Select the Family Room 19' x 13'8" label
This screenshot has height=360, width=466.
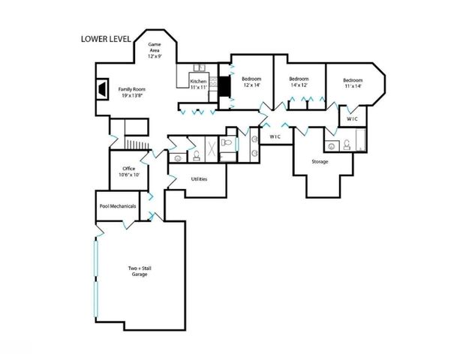click(x=131, y=92)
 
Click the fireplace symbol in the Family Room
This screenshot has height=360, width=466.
click(x=100, y=89)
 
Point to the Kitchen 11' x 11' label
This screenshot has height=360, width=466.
click(x=198, y=84)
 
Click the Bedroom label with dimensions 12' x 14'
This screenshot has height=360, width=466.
click(x=250, y=82)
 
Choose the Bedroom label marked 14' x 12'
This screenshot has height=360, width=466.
click(x=299, y=82)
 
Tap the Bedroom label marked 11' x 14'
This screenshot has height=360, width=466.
click(x=353, y=82)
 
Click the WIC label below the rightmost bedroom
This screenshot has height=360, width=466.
click(x=352, y=118)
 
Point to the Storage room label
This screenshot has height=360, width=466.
click(x=320, y=161)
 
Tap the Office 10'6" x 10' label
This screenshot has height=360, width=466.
click(x=124, y=172)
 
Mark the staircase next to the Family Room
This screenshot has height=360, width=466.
click(x=136, y=143)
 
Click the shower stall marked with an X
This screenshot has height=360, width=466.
click(x=212, y=148)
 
